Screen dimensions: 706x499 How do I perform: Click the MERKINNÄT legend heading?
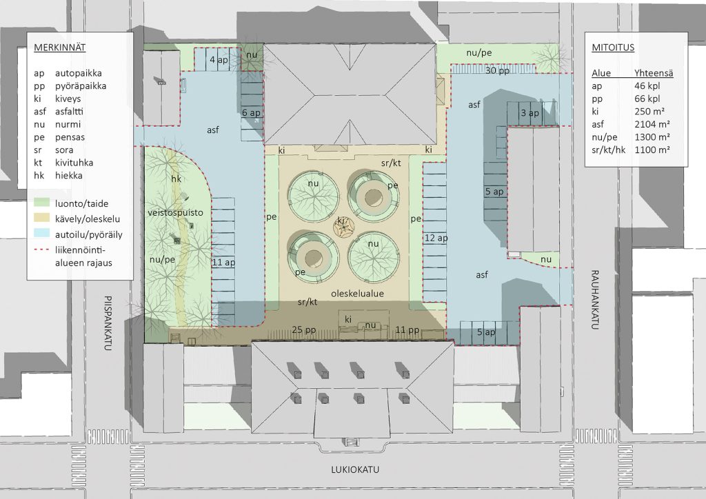pos(60,48)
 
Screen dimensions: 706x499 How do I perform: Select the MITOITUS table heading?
pos(613,48)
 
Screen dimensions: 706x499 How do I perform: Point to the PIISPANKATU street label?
pos(108,323)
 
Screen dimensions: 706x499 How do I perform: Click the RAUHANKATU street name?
pos(594,300)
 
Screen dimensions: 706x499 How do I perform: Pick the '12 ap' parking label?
pos(436,238)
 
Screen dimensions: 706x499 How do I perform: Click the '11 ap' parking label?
pos(224,263)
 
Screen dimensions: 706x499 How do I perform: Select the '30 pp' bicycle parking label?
pos(497,71)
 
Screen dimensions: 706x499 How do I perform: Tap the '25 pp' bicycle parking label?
pos(303,330)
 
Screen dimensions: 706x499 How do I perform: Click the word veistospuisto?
pos(175,212)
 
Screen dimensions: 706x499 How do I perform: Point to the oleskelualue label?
pos(358,294)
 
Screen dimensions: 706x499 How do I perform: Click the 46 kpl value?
pos(647,85)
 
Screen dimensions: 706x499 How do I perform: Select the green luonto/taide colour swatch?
pos(42,203)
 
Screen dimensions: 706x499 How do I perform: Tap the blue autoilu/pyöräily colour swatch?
pos(42,234)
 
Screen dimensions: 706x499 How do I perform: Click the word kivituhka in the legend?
pos(74,163)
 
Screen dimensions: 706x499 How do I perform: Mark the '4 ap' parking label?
pos(219,60)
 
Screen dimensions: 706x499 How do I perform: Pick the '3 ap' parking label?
pos(530,113)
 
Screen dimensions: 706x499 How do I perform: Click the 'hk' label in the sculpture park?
pos(176,179)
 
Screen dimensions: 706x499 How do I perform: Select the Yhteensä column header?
pos(654,73)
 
